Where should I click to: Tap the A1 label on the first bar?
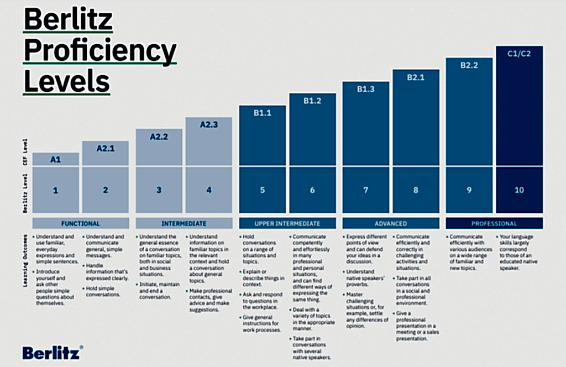point(56,159)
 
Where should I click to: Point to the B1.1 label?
point(263,113)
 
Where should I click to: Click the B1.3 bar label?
point(365,89)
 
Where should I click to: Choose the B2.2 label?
point(469,65)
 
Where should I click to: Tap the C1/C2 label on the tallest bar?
point(519,54)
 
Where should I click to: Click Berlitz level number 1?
point(56,190)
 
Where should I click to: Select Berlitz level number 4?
point(208,190)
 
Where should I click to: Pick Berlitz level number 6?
point(312,190)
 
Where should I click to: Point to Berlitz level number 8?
point(416,190)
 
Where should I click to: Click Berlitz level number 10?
point(519,190)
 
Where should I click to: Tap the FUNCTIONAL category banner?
point(81,224)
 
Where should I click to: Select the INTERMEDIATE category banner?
point(184,224)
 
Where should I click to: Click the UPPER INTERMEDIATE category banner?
point(287,224)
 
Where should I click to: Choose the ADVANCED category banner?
point(391,224)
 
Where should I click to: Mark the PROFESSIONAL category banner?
point(494,224)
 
